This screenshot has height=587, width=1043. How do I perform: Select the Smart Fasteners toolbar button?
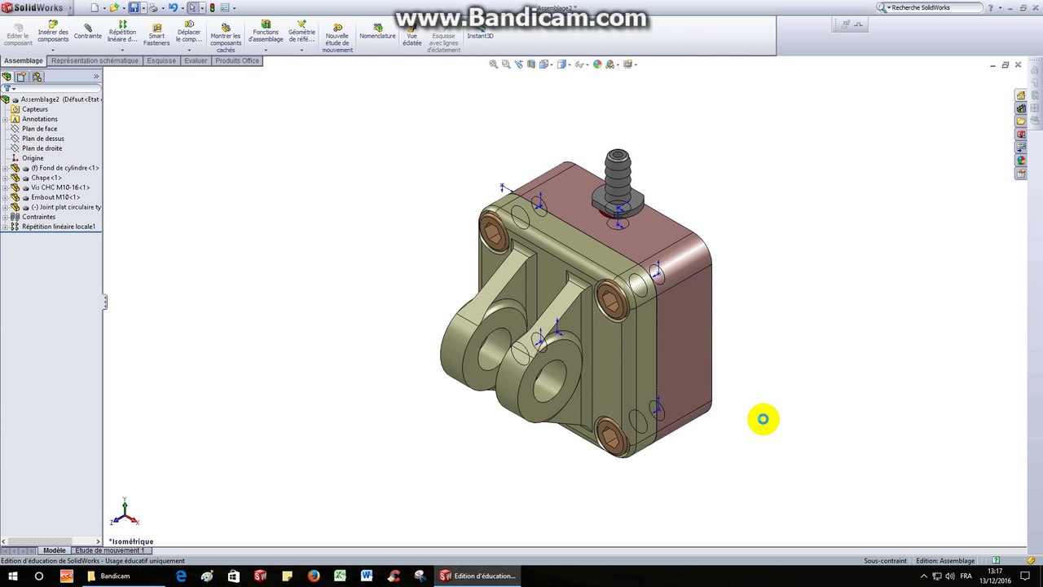[156, 34]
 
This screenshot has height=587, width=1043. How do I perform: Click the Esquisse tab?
[161, 60]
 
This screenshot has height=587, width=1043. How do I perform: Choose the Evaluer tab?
[196, 60]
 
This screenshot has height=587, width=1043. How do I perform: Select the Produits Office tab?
[236, 60]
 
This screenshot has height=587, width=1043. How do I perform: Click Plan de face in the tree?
[39, 129]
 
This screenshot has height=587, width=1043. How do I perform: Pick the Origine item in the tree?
[33, 158]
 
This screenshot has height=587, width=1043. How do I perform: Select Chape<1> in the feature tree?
[46, 178]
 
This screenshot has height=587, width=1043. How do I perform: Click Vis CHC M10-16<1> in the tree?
[59, 188]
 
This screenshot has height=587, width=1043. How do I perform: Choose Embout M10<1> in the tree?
[55, 197]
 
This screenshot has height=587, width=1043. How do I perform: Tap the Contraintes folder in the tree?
[38, 217]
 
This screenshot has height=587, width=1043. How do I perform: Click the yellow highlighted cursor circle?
[763, 419]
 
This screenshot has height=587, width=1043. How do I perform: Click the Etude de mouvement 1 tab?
[109, 550]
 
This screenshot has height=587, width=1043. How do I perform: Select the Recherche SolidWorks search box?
[935, 7]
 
